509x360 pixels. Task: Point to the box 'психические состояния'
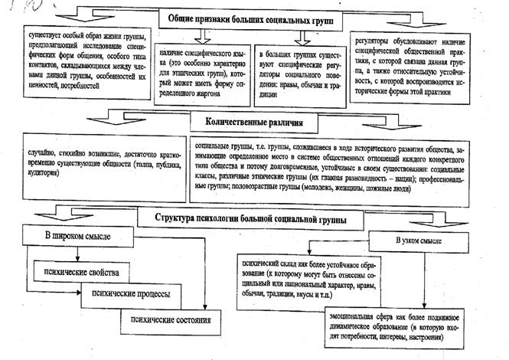point(169,317)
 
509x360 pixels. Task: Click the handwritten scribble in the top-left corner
point(15,8)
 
